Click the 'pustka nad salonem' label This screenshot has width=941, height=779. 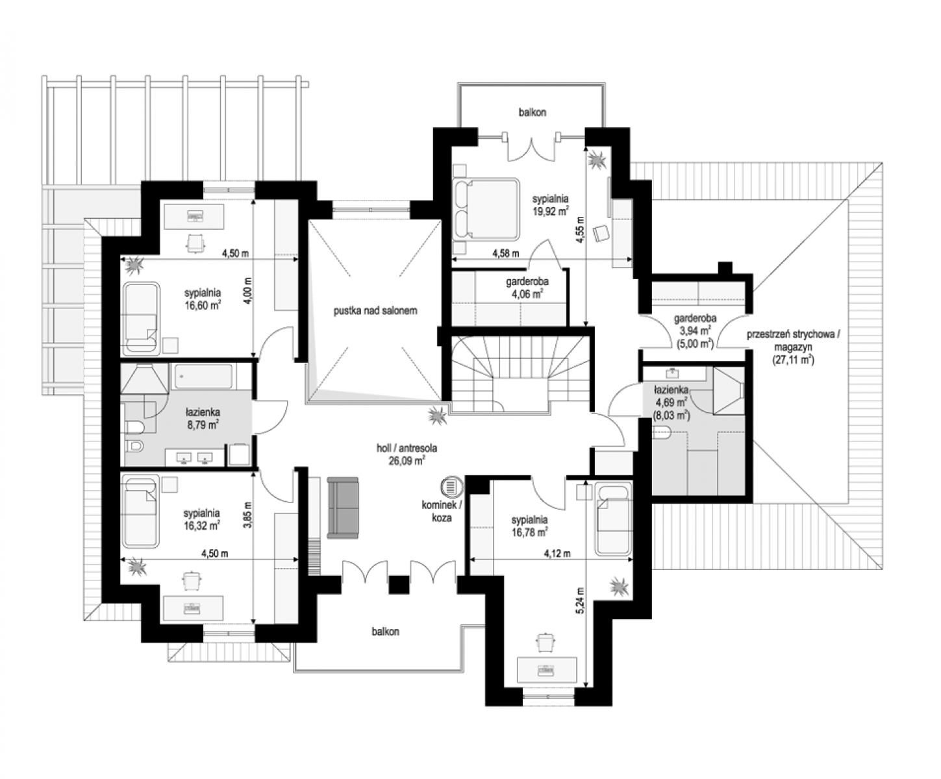click(375, 311)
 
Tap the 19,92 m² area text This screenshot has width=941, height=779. click(550, 211)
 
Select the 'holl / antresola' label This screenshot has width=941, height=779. click(407, 449)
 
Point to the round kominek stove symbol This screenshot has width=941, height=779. click(452, 487)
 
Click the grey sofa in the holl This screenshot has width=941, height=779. click(343, 508)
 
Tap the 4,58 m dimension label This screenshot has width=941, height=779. click(506, 253)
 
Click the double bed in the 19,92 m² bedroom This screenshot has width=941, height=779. click(486, 208)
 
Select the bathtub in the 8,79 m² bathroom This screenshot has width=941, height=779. click(204, 376)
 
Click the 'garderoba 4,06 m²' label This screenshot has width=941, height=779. click(527, 288)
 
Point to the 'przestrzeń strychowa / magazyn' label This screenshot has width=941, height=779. click(793, 341)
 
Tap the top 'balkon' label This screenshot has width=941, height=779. click(533, 112)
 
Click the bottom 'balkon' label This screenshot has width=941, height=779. click(385, 632)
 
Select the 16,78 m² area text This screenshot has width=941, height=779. click(529, 532)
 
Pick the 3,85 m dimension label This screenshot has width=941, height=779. click(247, 515)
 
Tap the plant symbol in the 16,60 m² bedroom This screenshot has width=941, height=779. click(134, 266)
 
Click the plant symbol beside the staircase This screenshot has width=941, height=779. click(436, 416)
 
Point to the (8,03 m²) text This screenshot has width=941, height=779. click(671, 415)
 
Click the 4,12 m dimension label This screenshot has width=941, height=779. click(557, 554)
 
